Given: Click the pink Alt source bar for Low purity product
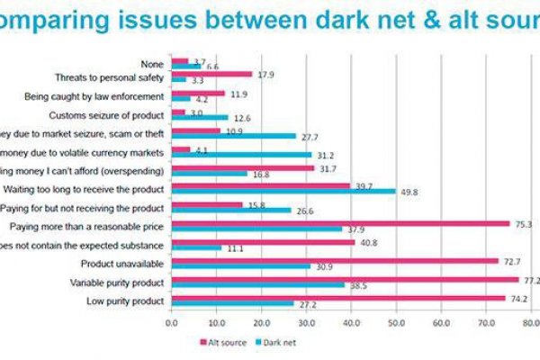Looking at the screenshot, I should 337,298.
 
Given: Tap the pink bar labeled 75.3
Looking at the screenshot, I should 340,223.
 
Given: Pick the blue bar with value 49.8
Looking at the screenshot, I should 283,191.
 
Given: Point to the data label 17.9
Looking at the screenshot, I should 265,75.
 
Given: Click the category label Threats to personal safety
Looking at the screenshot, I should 108,78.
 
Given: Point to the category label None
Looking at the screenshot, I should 152,63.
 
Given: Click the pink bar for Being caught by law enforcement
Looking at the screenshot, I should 197,92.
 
